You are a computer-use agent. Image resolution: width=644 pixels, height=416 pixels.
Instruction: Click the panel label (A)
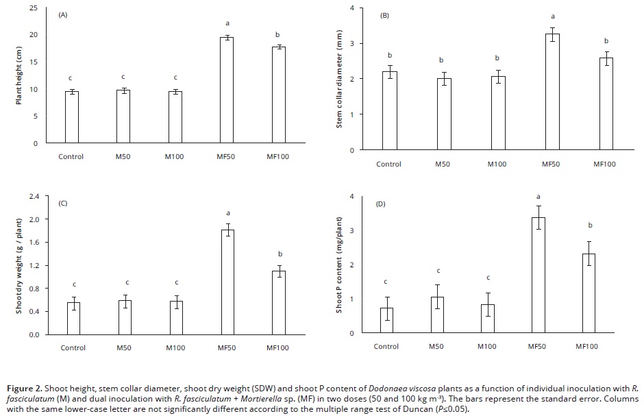pos(63,14)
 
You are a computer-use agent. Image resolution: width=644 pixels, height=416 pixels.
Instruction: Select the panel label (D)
pos(382,204)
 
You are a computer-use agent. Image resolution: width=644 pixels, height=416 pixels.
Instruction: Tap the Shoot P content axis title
pos(338,264)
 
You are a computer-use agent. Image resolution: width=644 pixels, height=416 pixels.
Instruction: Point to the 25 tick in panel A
pos(34,8)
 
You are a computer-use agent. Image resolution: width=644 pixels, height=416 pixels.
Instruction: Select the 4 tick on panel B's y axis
pos(351,8)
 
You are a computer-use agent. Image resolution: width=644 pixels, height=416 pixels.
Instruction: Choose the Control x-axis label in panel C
pos(73,348)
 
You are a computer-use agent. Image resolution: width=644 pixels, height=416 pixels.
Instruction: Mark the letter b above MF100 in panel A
pos(277,35)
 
